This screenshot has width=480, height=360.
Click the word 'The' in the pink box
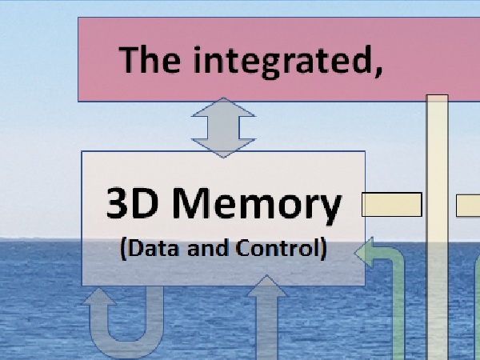coord(150,59)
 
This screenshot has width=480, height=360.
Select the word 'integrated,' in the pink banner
coord(288,62)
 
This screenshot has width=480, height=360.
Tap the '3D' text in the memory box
coord(133,203)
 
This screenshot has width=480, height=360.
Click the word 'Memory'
coord(257,206)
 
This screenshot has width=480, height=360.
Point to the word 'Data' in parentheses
coord(154,248)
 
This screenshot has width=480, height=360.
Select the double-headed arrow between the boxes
coord(223,127)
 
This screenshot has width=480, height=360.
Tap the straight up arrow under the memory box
coord(266,318)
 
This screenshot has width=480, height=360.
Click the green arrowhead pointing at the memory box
coord(364,253)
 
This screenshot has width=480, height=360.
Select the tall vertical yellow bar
coord(437,227)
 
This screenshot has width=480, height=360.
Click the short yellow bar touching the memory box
coord(392,205)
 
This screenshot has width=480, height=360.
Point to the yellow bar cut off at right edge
coord(468,206)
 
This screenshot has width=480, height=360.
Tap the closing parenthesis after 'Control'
coord(323,249)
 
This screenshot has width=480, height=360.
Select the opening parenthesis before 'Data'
coord(123,249)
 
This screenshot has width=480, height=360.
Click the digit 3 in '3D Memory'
coord(117,203)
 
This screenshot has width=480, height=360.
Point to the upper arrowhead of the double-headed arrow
coord(223,107)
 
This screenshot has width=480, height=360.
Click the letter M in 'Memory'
coord(190,203)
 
